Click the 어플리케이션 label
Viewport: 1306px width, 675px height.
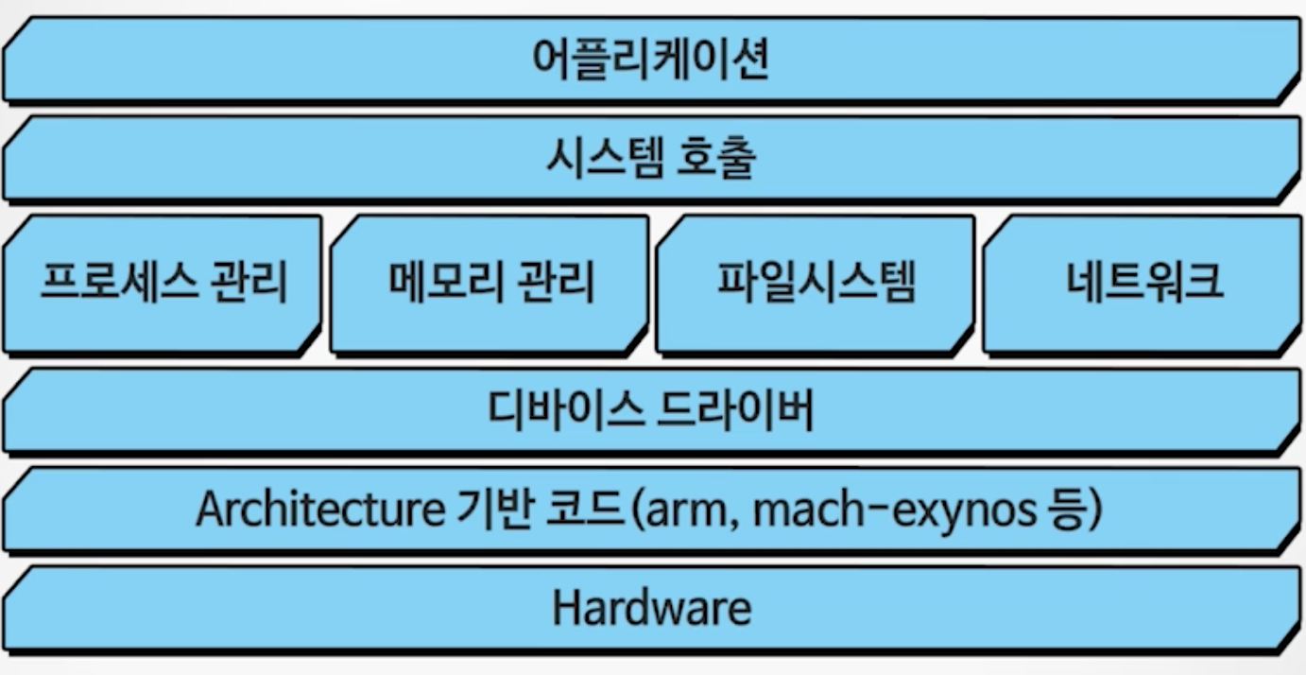(x=651, y=61)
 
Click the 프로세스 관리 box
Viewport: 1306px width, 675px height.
(x=163, y=284)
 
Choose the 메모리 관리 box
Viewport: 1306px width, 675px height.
(x=490, y=284)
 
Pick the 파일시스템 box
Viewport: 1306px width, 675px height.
(x=816, y=284)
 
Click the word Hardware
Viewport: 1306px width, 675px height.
(x=651, y=607)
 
